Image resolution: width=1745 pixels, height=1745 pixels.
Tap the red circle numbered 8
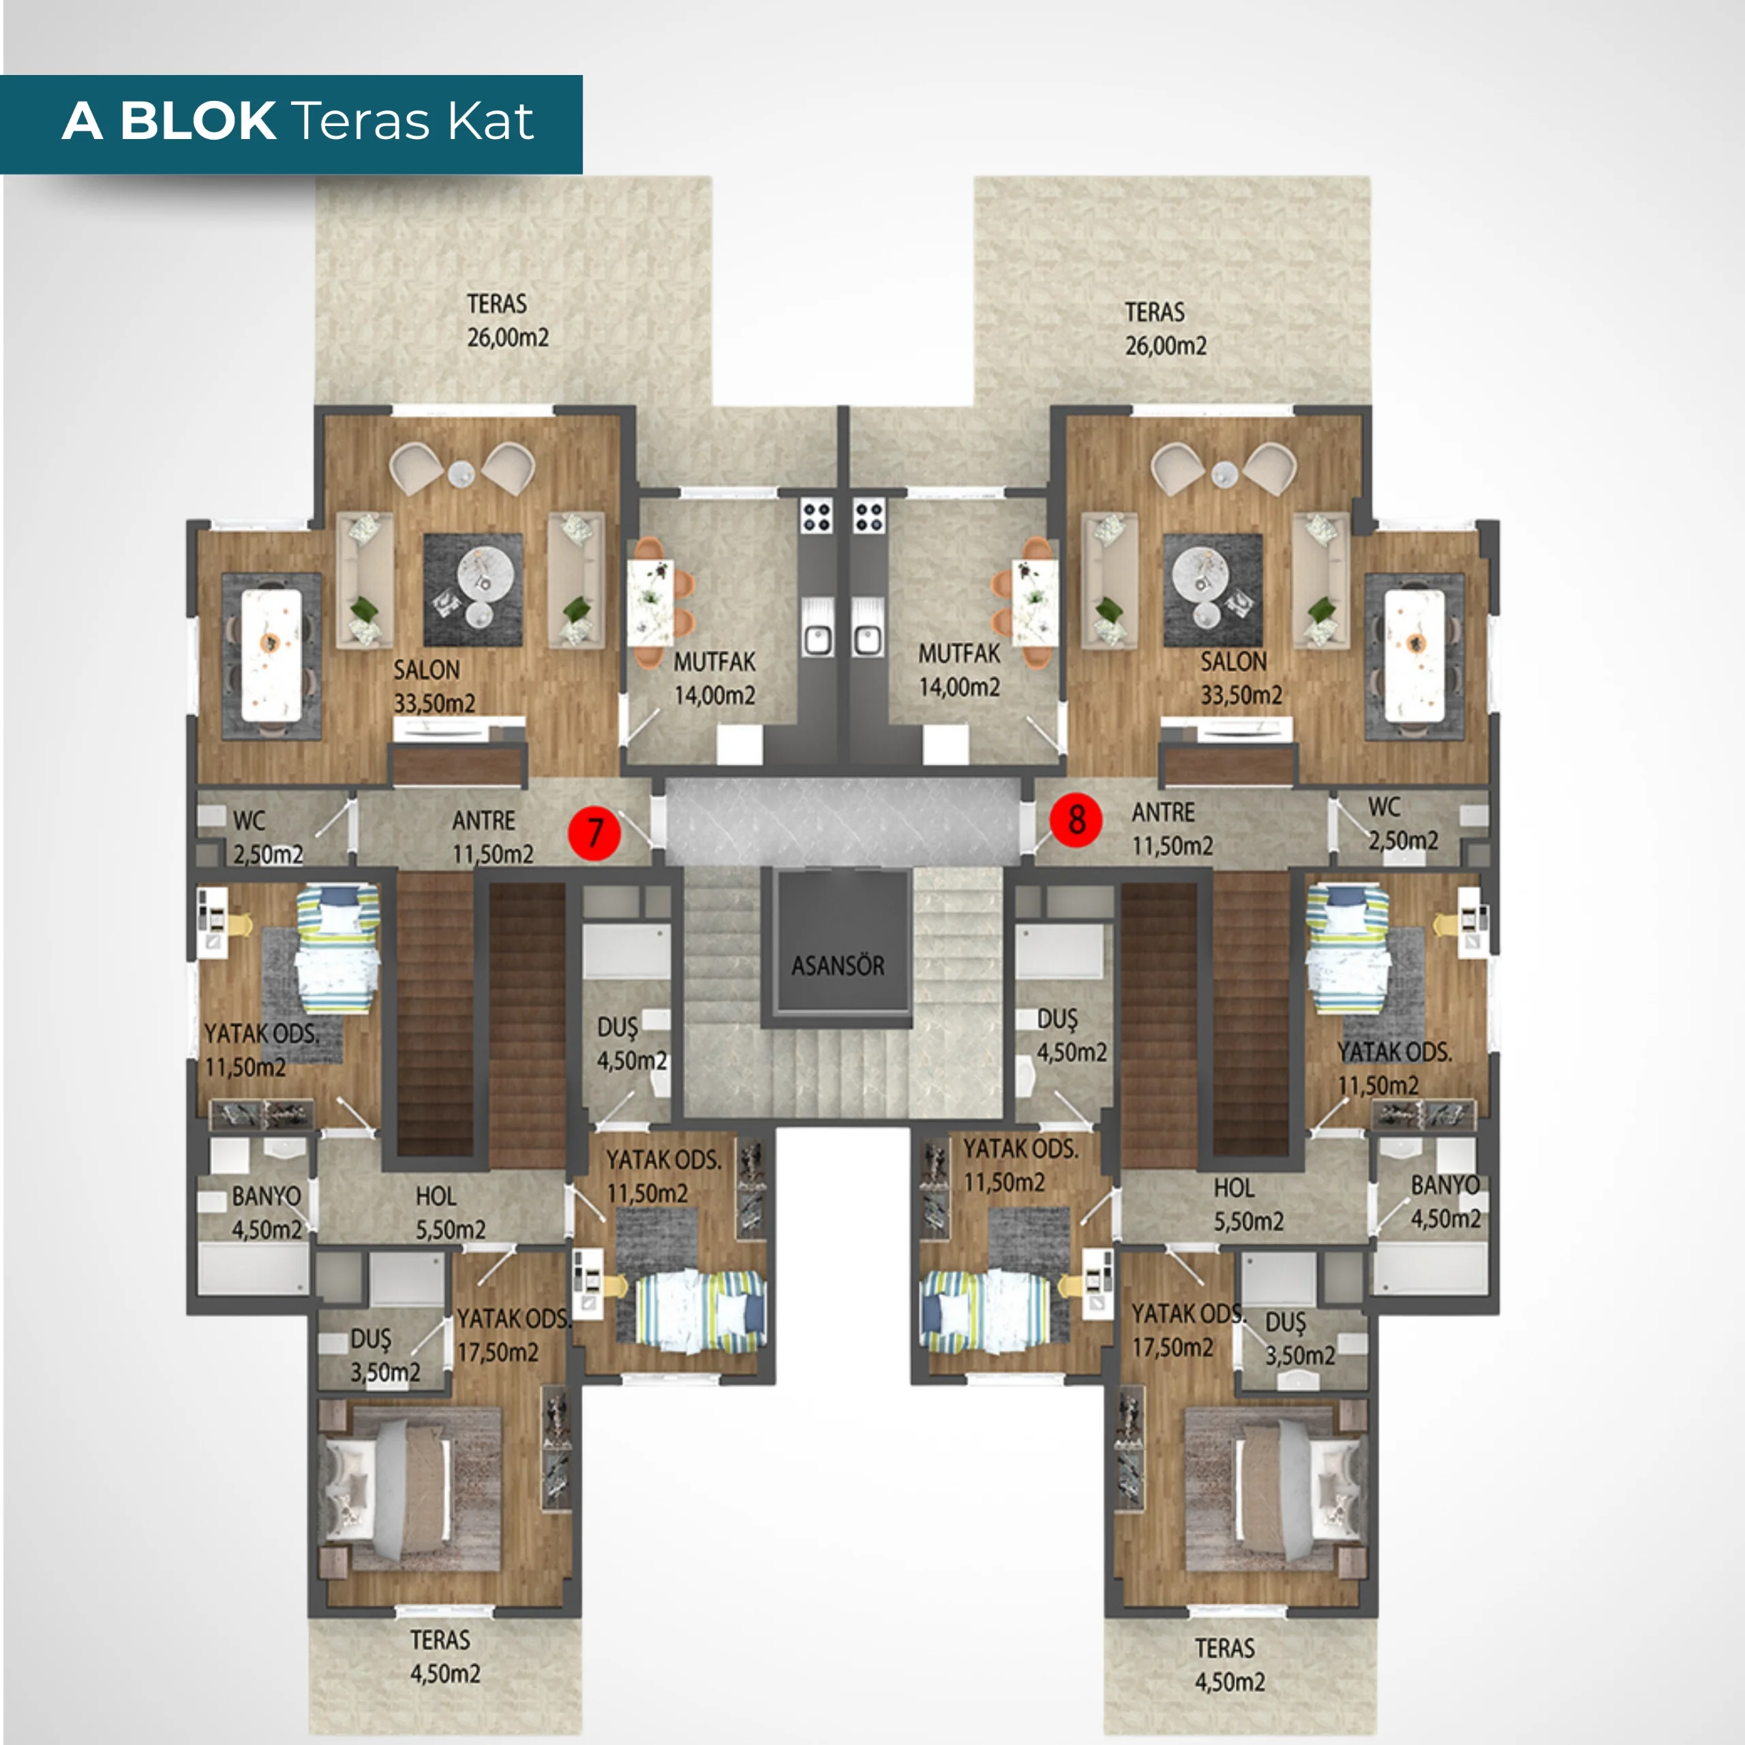click(1076, 820)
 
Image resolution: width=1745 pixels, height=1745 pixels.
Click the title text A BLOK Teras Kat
click(298, 121)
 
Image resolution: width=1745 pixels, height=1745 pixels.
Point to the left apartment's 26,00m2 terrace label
click(508, 320)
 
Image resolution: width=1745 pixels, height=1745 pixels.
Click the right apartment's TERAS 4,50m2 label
click(1228, 1665)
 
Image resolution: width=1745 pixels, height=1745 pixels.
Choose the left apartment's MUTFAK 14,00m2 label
click(714, 678)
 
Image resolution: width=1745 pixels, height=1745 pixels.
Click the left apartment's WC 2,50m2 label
click(267, 837)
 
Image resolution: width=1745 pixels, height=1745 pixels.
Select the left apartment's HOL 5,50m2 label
click(450, 1213)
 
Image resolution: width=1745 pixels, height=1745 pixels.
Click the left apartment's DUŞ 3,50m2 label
click(384, 1356)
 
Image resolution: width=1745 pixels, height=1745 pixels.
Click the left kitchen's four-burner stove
click(817, 517)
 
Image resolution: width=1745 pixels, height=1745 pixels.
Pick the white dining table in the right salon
click(1414, 655)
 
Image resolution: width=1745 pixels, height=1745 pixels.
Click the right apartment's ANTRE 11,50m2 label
click(1172, 829)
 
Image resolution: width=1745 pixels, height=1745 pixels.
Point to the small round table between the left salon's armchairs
click(461, 472)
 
